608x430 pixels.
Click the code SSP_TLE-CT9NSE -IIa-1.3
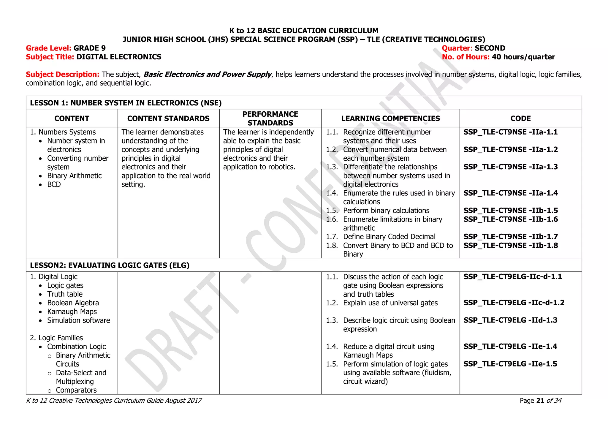[510, 167]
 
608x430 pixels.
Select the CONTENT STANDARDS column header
[168, 118]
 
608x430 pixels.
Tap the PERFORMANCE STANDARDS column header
[270, 118]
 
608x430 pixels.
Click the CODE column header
[520, 118]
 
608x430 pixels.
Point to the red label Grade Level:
[48, 48]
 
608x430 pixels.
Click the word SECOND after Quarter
[490, 48]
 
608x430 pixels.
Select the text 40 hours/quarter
[523, 57]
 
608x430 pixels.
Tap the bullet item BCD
[54, 184]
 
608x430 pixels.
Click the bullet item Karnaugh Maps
[72, 312]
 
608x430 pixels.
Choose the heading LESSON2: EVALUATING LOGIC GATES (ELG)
[110, 265]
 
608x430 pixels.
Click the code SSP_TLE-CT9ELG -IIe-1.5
[510, 364]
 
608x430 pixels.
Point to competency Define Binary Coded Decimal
[389, 237]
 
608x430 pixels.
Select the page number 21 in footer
[540, 401]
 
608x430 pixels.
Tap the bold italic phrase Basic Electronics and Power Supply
[207, 75]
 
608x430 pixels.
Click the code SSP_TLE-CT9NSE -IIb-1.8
[511, 246]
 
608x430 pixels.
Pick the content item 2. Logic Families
[56, 338]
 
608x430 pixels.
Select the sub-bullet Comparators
[76, 390]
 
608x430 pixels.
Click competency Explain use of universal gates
[390, 303]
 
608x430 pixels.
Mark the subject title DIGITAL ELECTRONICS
[119, 57]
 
